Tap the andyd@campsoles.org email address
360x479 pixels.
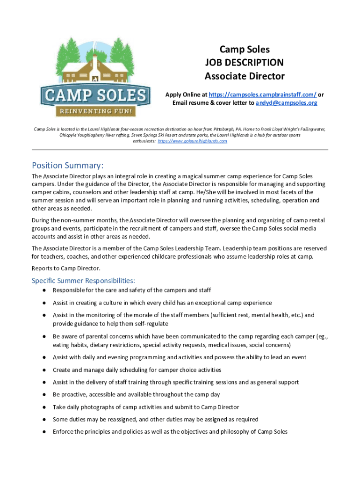(x=286, y=103)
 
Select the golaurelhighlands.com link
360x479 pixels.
(x=193, y=141)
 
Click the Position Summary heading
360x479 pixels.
(x=67, y=166)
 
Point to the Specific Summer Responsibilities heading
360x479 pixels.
(x=83, y=281)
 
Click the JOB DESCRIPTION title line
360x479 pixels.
(x=244, y=63)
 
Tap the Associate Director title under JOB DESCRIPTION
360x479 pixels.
(x=244, y=76)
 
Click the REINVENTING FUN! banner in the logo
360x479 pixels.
(x=95, y=112)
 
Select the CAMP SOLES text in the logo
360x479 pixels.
(x=95, y=96)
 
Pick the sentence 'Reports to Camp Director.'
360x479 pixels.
(x=65, y=269)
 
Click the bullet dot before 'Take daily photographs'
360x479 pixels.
(x=43, y=407)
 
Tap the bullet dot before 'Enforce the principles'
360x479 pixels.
(x=43, y=432)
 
